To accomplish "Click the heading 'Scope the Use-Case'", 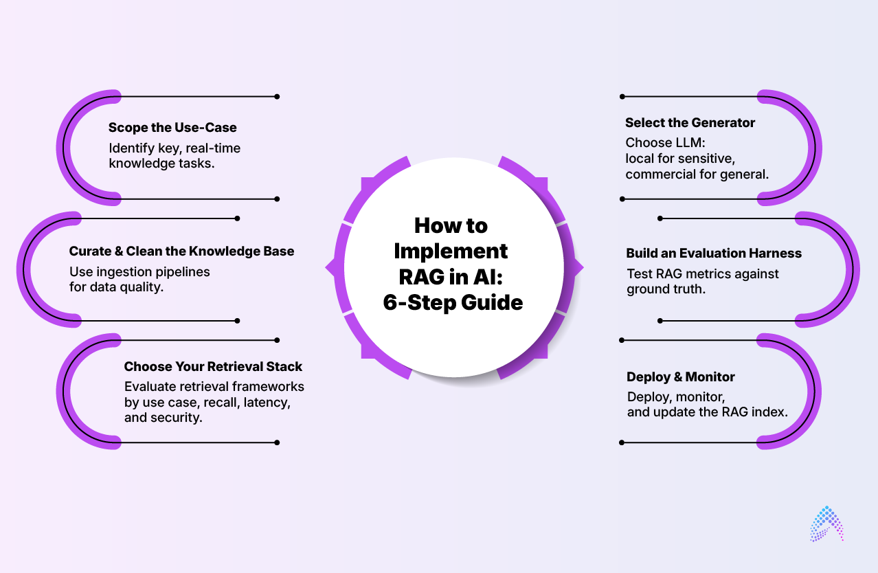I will coord(172,128).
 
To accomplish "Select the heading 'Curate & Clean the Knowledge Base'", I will coord(181,251).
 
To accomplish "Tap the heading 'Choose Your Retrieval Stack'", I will coord(213,367).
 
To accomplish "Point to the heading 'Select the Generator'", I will coord(690,123).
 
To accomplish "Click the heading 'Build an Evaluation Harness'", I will coord(714,254).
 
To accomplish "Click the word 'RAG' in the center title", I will coord(422,276).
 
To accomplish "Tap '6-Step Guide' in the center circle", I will coord(453,302).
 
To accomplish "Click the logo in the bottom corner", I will coord(826,524).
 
